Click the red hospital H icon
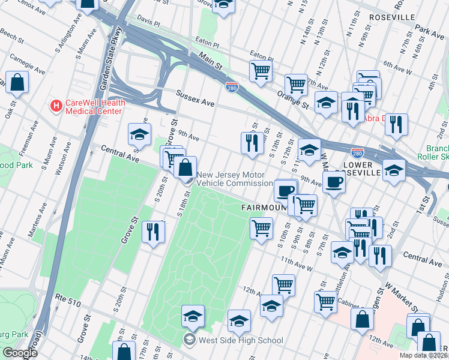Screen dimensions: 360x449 pos(56,106)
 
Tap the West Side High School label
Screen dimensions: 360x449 pos(241,341)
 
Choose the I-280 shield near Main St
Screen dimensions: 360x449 pos(231,88)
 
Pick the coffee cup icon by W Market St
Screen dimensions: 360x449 pos(334,181)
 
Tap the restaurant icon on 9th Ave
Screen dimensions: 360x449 pos(251,143)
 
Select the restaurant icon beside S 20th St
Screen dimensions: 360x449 pos(153,230)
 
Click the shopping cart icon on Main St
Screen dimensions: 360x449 pos(261,71)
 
